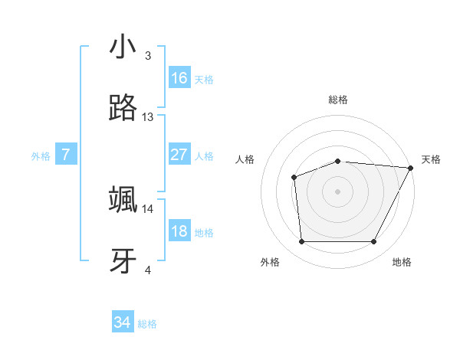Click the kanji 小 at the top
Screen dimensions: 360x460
123,47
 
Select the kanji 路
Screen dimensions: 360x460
123,109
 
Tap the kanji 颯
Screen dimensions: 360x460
123,199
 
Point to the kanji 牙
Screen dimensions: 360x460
123,261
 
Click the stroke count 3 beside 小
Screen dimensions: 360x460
148,56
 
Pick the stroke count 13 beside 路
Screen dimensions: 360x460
148,117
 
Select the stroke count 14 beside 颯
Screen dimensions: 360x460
148,208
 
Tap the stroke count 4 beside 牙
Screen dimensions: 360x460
148,270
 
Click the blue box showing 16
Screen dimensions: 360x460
179,78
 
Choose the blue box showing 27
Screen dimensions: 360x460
179,155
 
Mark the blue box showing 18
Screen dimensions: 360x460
179,231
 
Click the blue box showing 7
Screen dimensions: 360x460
66,155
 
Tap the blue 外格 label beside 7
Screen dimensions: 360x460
41,156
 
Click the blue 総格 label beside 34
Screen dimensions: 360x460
147,325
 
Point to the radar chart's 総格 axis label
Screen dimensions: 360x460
338,100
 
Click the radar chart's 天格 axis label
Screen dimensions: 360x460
431,159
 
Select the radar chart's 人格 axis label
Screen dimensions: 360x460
245,159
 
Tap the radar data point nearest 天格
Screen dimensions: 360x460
410,168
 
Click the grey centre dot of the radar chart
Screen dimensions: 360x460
338,191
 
